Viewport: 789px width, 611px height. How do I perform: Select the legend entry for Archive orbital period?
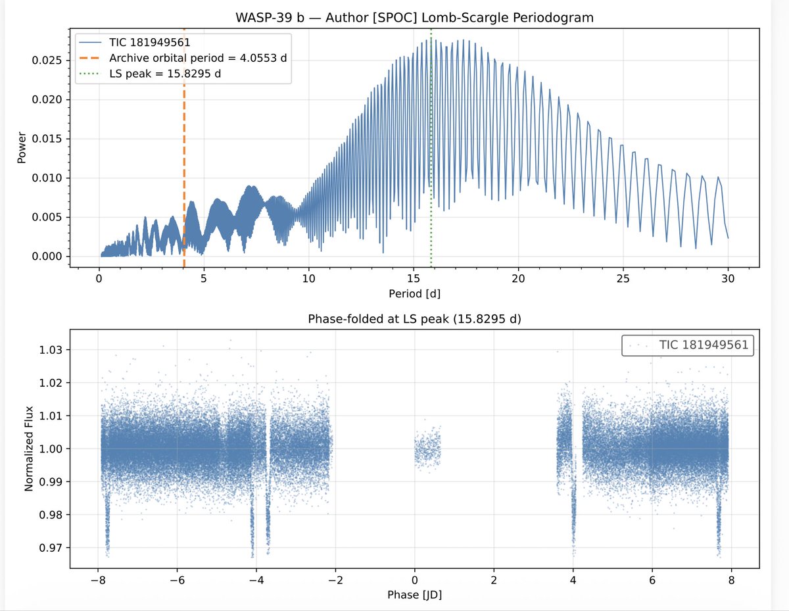[x=197, y=58]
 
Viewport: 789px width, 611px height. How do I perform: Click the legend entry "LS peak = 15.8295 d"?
[x=164, y=73]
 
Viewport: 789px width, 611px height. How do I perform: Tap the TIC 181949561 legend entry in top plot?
[x=150, y=43]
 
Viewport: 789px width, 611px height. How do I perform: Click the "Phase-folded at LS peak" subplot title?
[x=414, y=320]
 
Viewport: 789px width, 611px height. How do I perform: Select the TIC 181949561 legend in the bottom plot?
[x=687, y=346]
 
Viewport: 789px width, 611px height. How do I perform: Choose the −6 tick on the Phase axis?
[x=175, y=581]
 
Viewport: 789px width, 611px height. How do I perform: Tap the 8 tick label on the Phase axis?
[x=731, y=581]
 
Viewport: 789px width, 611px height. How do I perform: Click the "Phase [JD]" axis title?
[x=414, y=595]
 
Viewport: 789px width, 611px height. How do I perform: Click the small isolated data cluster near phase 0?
[x=427, y=450]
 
